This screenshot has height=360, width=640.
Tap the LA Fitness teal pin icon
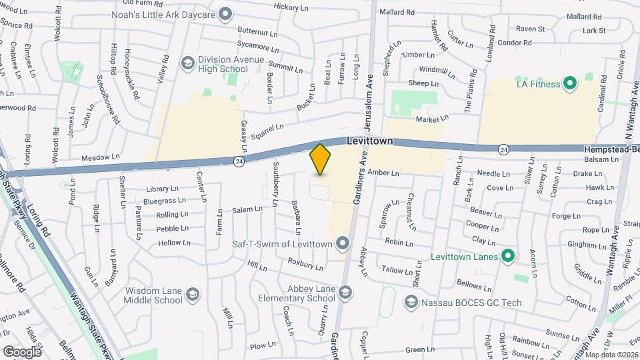(x=570, y=83)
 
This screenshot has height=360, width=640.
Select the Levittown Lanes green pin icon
(x=508, y=256)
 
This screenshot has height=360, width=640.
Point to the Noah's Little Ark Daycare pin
(x=225, y=13)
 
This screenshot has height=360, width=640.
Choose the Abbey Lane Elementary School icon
(x=345, y=293)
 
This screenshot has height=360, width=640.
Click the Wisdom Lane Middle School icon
(x=192, y=295)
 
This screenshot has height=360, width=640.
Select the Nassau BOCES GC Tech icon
(x=411, y=303)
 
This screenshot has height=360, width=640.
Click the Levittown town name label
(x=369, y=142)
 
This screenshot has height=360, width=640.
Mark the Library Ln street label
(x=161, y=189)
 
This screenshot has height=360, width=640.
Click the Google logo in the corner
(x=22, y=351)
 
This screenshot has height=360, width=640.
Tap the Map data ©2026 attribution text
(x=611, y=354)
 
